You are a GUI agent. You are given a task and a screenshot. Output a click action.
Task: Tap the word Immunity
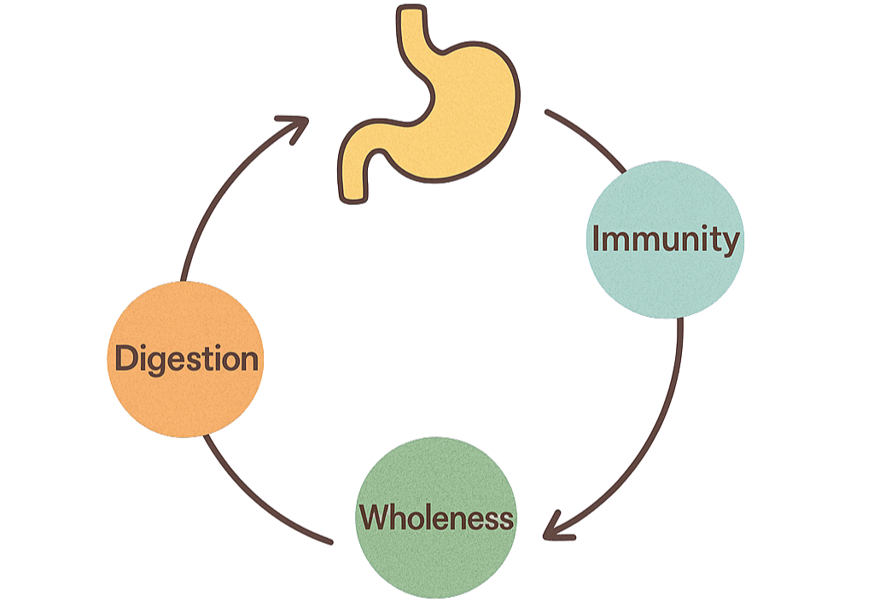tap(665, 239)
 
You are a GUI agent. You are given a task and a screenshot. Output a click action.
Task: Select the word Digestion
tap(186, 358)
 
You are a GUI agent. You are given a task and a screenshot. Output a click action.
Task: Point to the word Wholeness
tap(436, 517)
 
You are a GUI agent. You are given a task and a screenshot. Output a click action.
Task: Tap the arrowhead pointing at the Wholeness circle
tap(555, 527)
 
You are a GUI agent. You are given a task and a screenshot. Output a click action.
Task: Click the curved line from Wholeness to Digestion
tap(256, 504)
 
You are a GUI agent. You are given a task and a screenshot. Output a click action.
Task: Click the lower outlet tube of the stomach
tap(353, 175)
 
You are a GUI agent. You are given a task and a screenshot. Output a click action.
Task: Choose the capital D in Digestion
tap(125, 357)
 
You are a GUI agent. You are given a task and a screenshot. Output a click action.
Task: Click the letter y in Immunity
tap(730, 243)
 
